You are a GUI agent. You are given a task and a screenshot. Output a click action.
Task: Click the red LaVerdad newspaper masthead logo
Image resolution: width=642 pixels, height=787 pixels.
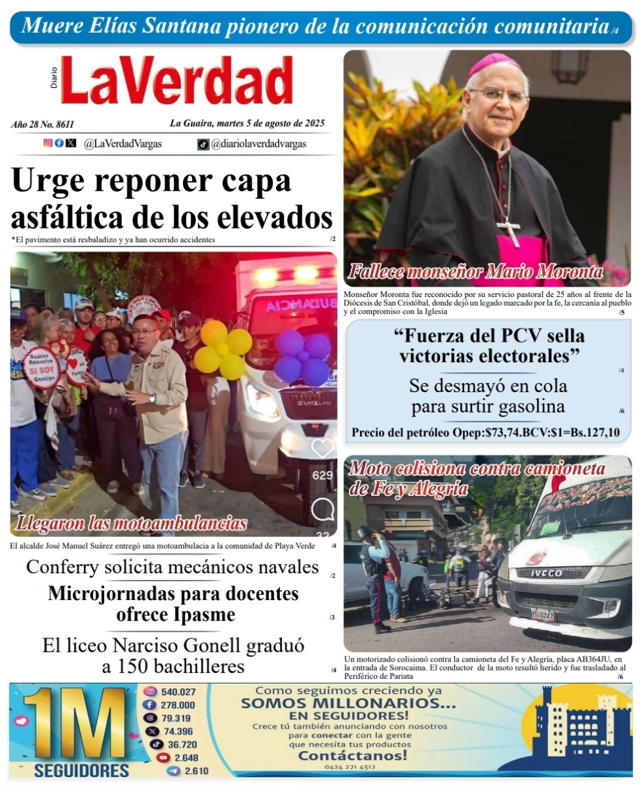[176, 81]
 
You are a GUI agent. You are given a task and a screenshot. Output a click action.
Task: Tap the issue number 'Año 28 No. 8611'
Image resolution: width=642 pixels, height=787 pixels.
[43, 124]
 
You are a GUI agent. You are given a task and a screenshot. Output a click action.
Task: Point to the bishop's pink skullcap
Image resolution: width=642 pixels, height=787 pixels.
[494, 64]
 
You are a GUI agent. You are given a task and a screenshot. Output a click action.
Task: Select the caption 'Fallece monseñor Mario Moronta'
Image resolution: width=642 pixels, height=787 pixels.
[475, 272]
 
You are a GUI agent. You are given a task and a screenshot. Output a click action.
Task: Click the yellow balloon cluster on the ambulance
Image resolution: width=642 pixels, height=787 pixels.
[224, 349]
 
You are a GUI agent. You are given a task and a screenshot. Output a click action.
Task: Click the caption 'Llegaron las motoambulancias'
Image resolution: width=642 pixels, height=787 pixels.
[131, 523]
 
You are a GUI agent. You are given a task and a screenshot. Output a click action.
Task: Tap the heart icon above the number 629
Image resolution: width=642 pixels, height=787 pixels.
[322, 449]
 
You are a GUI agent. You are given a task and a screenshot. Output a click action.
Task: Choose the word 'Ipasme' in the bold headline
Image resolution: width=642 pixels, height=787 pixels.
[203, 616]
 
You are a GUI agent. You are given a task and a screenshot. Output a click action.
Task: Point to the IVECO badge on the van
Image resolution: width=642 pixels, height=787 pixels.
[546, 573]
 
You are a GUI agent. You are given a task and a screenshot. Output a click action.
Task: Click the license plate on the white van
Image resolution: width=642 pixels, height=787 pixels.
[543, 615]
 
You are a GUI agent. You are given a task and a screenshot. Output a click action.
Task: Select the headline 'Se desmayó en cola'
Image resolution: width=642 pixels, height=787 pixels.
[488, 386]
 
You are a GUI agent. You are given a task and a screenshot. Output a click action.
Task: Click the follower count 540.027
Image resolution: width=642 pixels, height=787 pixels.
[178, 692]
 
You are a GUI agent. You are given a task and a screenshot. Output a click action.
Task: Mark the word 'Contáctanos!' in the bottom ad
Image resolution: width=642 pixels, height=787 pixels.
[352, 755]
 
